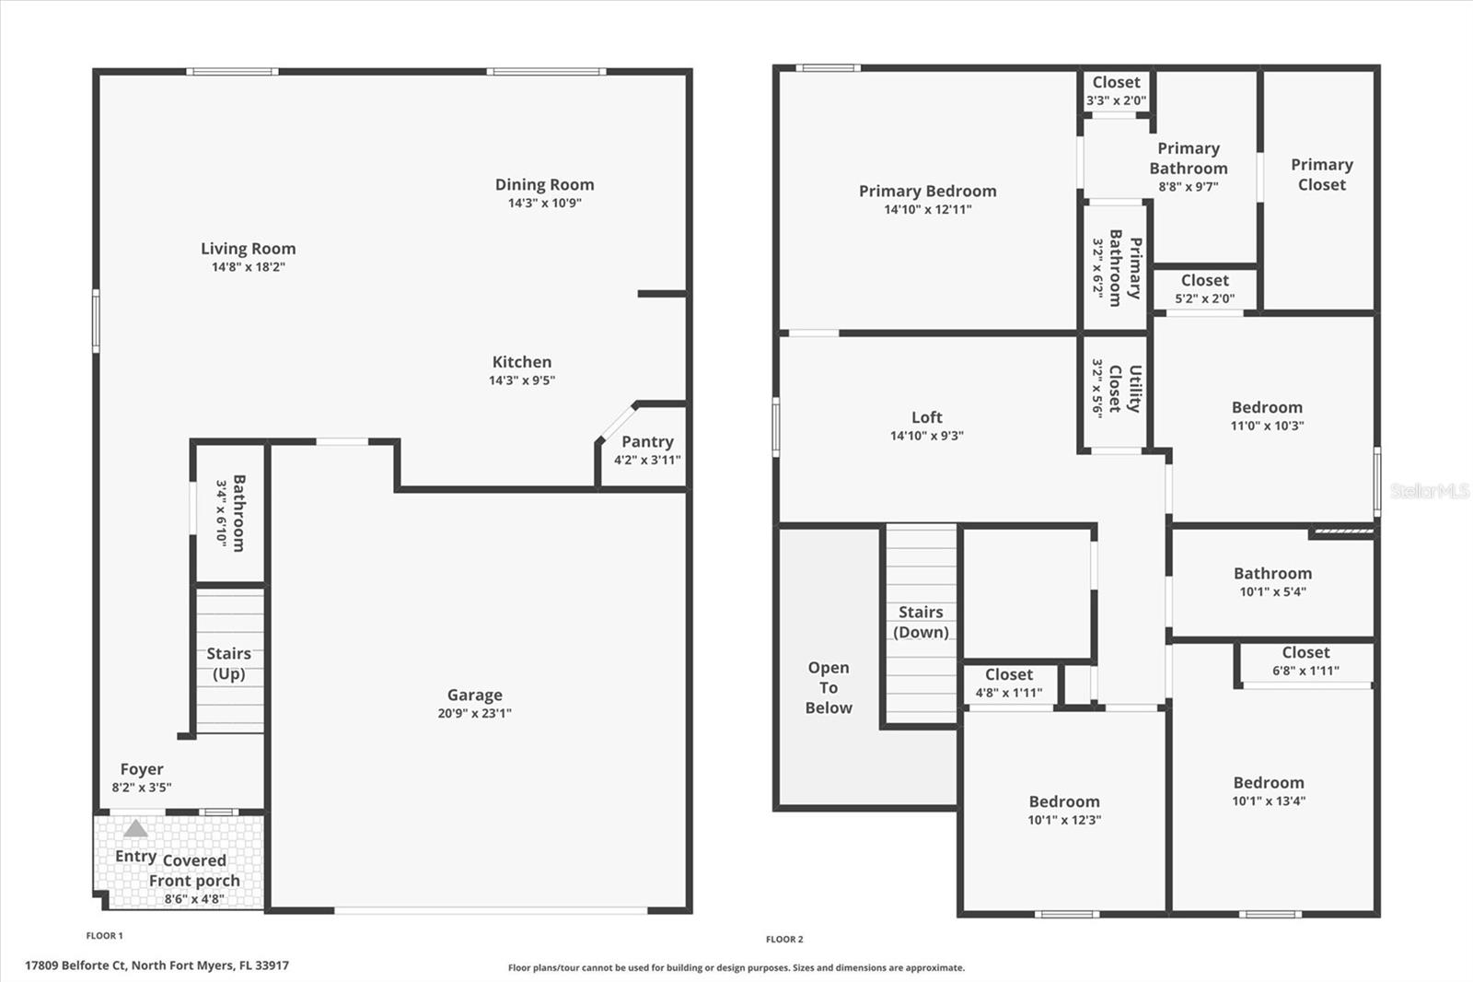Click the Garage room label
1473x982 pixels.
coord(474,696)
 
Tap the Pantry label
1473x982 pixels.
coord(647,442)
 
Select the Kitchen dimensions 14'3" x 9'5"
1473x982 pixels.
coord(522,380)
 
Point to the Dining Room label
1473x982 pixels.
coord(544,185)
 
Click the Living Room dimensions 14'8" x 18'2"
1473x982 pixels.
coord(249,267)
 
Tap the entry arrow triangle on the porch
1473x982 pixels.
coord(135,829)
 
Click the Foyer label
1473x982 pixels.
coord(142,769)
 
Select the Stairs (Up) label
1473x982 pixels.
coord(228,663)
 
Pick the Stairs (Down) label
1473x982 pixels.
coord(921,622)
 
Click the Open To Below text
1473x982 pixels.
coord(829,687)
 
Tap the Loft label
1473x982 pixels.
coord(926,417)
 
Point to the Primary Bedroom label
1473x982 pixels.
coord(927,192)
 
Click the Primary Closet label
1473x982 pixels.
coord(1321,174)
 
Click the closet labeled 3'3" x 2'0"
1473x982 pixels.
coord(1116,91)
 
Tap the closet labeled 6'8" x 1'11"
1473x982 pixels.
coord(1305,661)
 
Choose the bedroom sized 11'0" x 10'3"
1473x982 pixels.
coord(1267,415)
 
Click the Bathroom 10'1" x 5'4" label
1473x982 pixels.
coord(1272,581)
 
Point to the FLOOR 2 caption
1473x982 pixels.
coord(784,940)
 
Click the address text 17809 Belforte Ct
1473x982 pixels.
coord(157,965)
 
